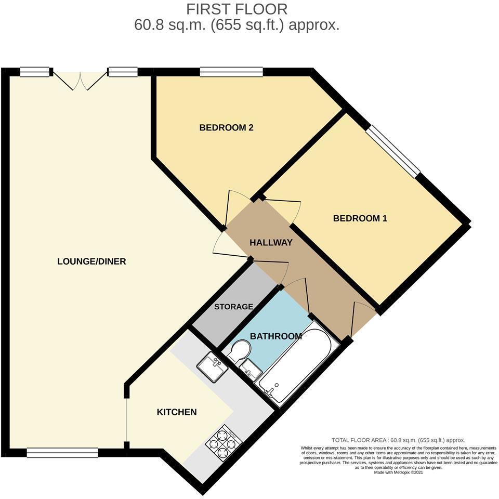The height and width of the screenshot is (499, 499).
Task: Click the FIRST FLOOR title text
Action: [237, 9]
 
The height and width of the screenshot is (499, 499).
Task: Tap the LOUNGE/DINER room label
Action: [91, 261]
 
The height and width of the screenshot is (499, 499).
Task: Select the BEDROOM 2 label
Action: [226, 127]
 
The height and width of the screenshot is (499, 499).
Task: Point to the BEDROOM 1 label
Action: [360, 218]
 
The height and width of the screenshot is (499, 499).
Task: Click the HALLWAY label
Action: [271, 243]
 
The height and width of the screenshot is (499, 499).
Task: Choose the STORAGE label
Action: [233, 307]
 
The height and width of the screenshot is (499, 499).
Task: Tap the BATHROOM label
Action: [276, 336]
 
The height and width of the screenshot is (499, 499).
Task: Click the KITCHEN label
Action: [177, 412]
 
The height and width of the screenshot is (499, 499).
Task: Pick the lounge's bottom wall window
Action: [62, 453]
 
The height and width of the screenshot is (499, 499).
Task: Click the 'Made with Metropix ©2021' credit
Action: [398, 473]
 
